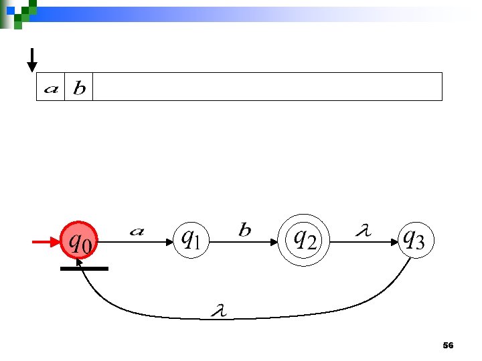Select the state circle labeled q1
click(191, 237)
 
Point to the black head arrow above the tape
click(31, 60)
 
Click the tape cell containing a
click(50, 88)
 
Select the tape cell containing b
click(79, 88)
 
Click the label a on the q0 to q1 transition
click(136, 231)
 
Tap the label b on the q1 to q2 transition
click(245, 231)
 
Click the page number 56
click(449, 346)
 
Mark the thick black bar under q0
click(84, 269)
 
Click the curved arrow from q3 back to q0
click(268, 317)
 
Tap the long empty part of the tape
click(268, 87)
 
